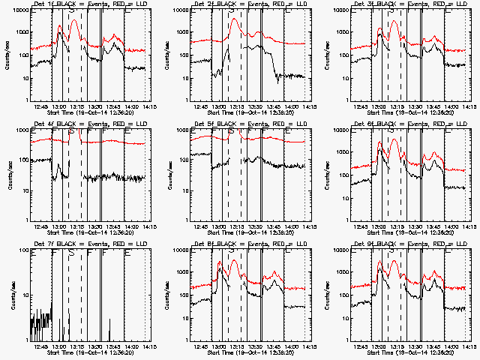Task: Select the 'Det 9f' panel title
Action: click(x=365, y=244)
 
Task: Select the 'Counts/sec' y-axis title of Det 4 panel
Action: click(x=8, y=175)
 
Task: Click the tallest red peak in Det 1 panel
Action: click(x=73, y=20)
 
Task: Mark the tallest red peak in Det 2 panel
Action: click(x=235, y=20)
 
